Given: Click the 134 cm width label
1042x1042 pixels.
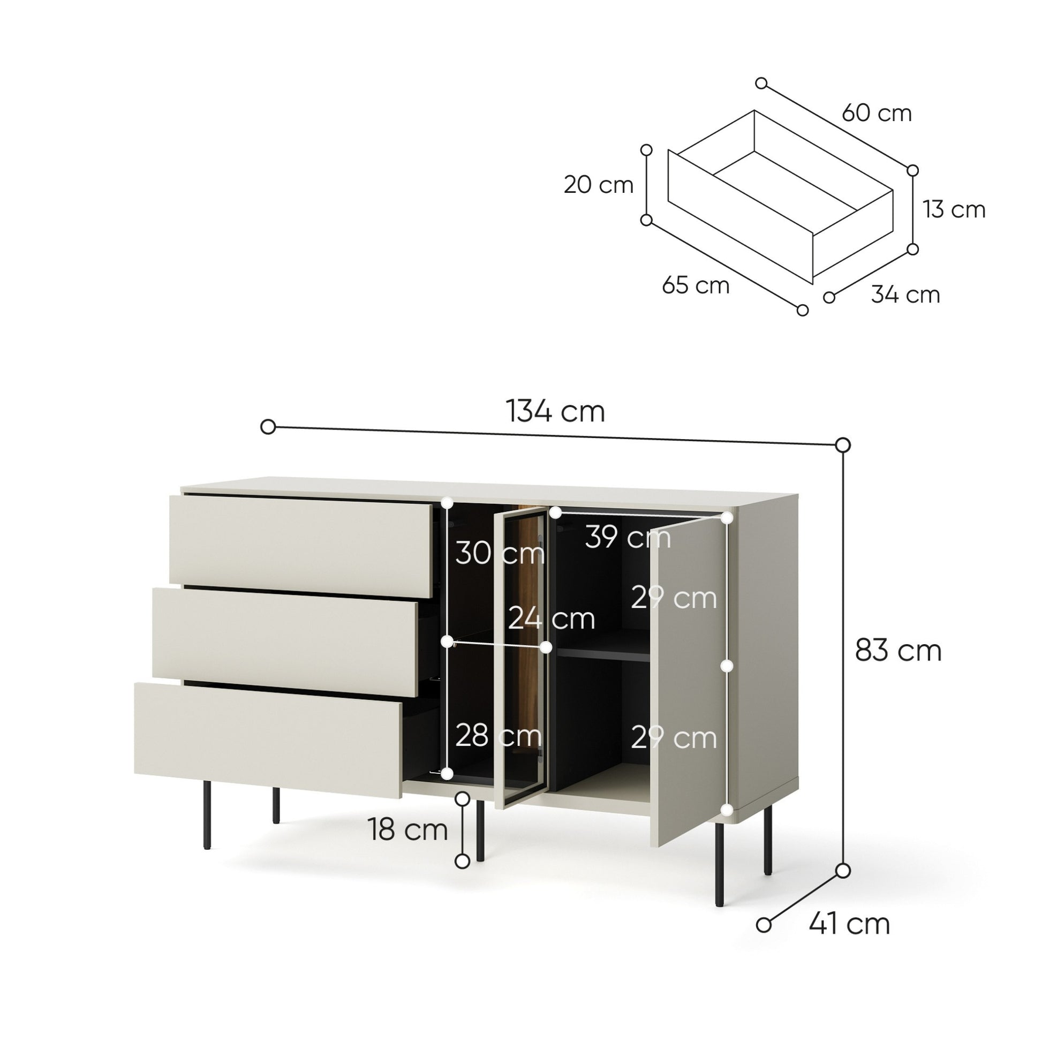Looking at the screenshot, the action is [x=555, y=412].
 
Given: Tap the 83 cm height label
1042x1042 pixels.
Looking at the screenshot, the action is [x=898, y=651].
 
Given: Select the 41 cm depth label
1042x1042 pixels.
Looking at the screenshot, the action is [x=849, y=924].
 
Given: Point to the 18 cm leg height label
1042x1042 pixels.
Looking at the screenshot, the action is [x=407, y=829].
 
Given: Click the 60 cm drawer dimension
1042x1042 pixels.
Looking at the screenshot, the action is [x=877, y=113].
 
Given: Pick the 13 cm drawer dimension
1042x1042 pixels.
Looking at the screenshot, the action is [x=954, y=209].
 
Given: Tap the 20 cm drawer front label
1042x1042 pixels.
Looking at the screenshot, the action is [x=598, y=185].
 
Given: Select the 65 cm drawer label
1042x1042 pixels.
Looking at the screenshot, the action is [x=696, y=285].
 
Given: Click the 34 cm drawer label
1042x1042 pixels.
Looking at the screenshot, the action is [x=905, y=295].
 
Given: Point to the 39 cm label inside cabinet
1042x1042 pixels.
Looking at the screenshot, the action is [x=628, y=537].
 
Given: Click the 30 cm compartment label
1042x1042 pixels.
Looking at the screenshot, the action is [x=500, y=553].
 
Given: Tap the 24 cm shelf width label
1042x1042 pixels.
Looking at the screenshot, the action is [x=551, y=618].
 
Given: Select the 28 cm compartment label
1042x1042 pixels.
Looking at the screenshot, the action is [x=499, y=735].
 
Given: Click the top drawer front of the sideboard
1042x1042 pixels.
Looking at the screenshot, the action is [x=301, y=546].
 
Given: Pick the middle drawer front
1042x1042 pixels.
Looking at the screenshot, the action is [x=285, y=642].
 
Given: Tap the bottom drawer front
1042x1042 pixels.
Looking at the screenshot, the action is [x=268, y=740].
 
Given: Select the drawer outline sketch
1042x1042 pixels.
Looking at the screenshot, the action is [x=780, y=198].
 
